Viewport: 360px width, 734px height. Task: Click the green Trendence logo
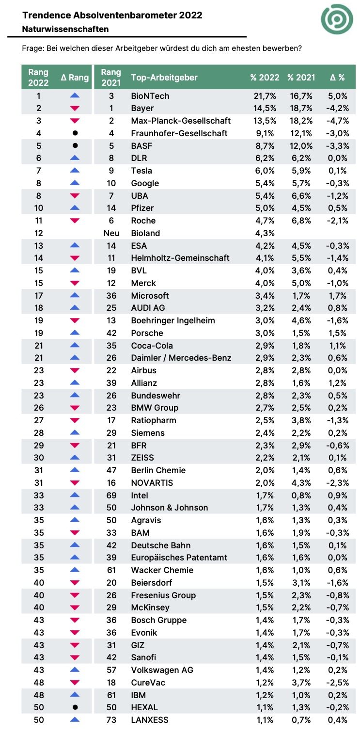(x=337, y=19)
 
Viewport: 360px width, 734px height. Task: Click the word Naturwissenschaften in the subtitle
(x=65, y=29)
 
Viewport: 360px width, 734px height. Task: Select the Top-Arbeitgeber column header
(x=164, y=78)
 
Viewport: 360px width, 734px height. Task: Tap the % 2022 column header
(x=265, y=78)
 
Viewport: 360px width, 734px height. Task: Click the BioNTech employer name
(x=150, y=96)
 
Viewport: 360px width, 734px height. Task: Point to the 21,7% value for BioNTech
(x=265, y=96)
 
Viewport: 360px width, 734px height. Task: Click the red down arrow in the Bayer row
(x=75, y=108)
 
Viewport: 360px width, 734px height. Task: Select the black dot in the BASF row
(x=75, y=145)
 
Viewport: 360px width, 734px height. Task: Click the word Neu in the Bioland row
(x=111, y=233)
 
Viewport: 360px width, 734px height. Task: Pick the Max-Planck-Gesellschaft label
(x=181, y=121)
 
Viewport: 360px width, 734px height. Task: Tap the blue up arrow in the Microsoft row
(x=75, y=295)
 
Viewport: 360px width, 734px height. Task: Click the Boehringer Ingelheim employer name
(x=173, y=320)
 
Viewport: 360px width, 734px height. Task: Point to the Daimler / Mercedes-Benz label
(x=181, y=358)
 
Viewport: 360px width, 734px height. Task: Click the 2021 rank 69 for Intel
(x=111, y=495)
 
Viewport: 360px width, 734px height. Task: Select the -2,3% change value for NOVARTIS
(x=338, y=483)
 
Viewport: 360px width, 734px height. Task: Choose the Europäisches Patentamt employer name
(x=179, y=558)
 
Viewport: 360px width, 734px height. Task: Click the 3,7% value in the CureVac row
(x=301, y=683)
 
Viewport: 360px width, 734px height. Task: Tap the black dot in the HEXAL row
(x=75, y=707)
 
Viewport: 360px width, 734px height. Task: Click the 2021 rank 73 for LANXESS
(x=111, y=720)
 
